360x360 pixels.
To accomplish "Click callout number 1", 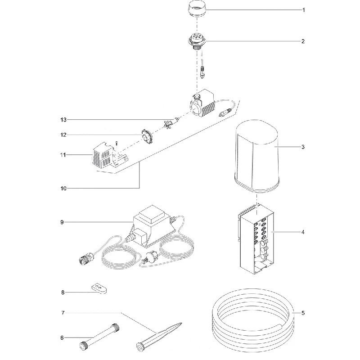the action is [x=303, y=10].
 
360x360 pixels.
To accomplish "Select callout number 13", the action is [x=63, y=120].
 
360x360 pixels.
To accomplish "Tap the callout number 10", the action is [x=63, y=189].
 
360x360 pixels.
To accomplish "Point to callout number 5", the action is [x=303, y=313].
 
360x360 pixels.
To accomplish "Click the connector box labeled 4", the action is [x=256, y=239].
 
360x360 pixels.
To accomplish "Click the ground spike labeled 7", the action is [x=159, y=337].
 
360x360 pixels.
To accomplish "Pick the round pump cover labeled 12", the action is [x=147, y=136].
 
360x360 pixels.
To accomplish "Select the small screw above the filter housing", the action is [x=117, y=143].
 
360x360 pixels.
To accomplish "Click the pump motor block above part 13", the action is [x=202, y=103].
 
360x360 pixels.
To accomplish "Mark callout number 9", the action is [x=62, y=222].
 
